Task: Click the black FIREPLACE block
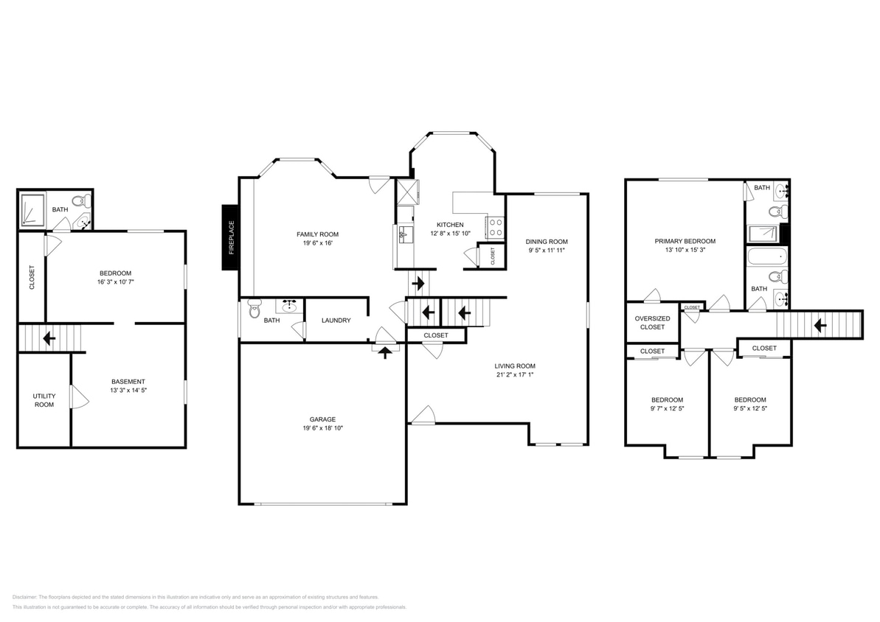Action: click(x=230, y=237)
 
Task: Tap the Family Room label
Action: click(x=317, y=234)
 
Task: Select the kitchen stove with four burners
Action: click(x=496, y=228)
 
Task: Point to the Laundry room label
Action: click(x=336, y=321)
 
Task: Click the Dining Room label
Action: click(x=547, y=242)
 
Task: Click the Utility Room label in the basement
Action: click(x=44, y=400)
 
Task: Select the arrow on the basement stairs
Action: click(x=49, y=339)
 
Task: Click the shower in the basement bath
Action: click(x=32, y=209)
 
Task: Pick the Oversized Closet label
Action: click(x=652, y=323)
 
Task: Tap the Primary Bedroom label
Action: click(x=685, y=241)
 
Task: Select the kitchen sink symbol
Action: click(x=403, y=236)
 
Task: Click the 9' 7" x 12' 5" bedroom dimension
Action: click(x=666, y=408)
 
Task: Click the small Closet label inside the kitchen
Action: click(x=493, y=255)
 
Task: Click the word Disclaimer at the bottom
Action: click(x=24, y=597)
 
